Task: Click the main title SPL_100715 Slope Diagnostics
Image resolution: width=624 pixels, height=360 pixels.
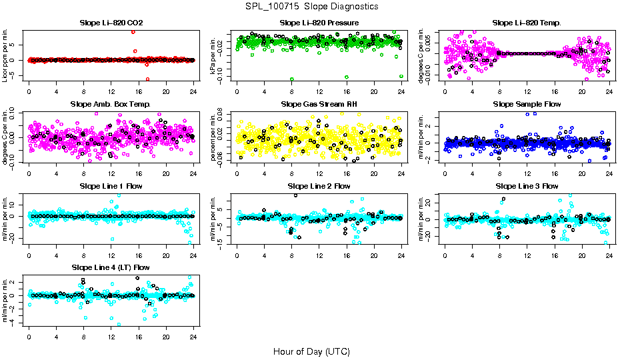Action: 312,6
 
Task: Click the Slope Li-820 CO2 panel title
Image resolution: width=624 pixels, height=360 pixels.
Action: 111,23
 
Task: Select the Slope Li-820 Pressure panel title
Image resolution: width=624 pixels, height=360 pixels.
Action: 319,23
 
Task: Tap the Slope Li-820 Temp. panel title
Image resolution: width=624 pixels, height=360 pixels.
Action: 527,23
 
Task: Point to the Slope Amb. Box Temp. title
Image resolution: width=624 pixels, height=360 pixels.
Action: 111,105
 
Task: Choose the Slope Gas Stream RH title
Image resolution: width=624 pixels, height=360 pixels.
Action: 319,105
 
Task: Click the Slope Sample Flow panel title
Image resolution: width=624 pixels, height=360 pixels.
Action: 527,105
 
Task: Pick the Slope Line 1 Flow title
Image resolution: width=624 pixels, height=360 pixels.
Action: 111,186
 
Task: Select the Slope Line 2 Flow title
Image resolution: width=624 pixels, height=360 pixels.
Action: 319,186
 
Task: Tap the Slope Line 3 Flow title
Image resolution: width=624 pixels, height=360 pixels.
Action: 527,186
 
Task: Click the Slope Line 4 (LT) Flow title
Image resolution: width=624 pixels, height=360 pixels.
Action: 111,267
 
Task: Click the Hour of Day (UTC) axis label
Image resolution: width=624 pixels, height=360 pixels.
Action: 311,351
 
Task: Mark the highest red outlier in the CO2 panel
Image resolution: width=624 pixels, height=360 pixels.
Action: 134,32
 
